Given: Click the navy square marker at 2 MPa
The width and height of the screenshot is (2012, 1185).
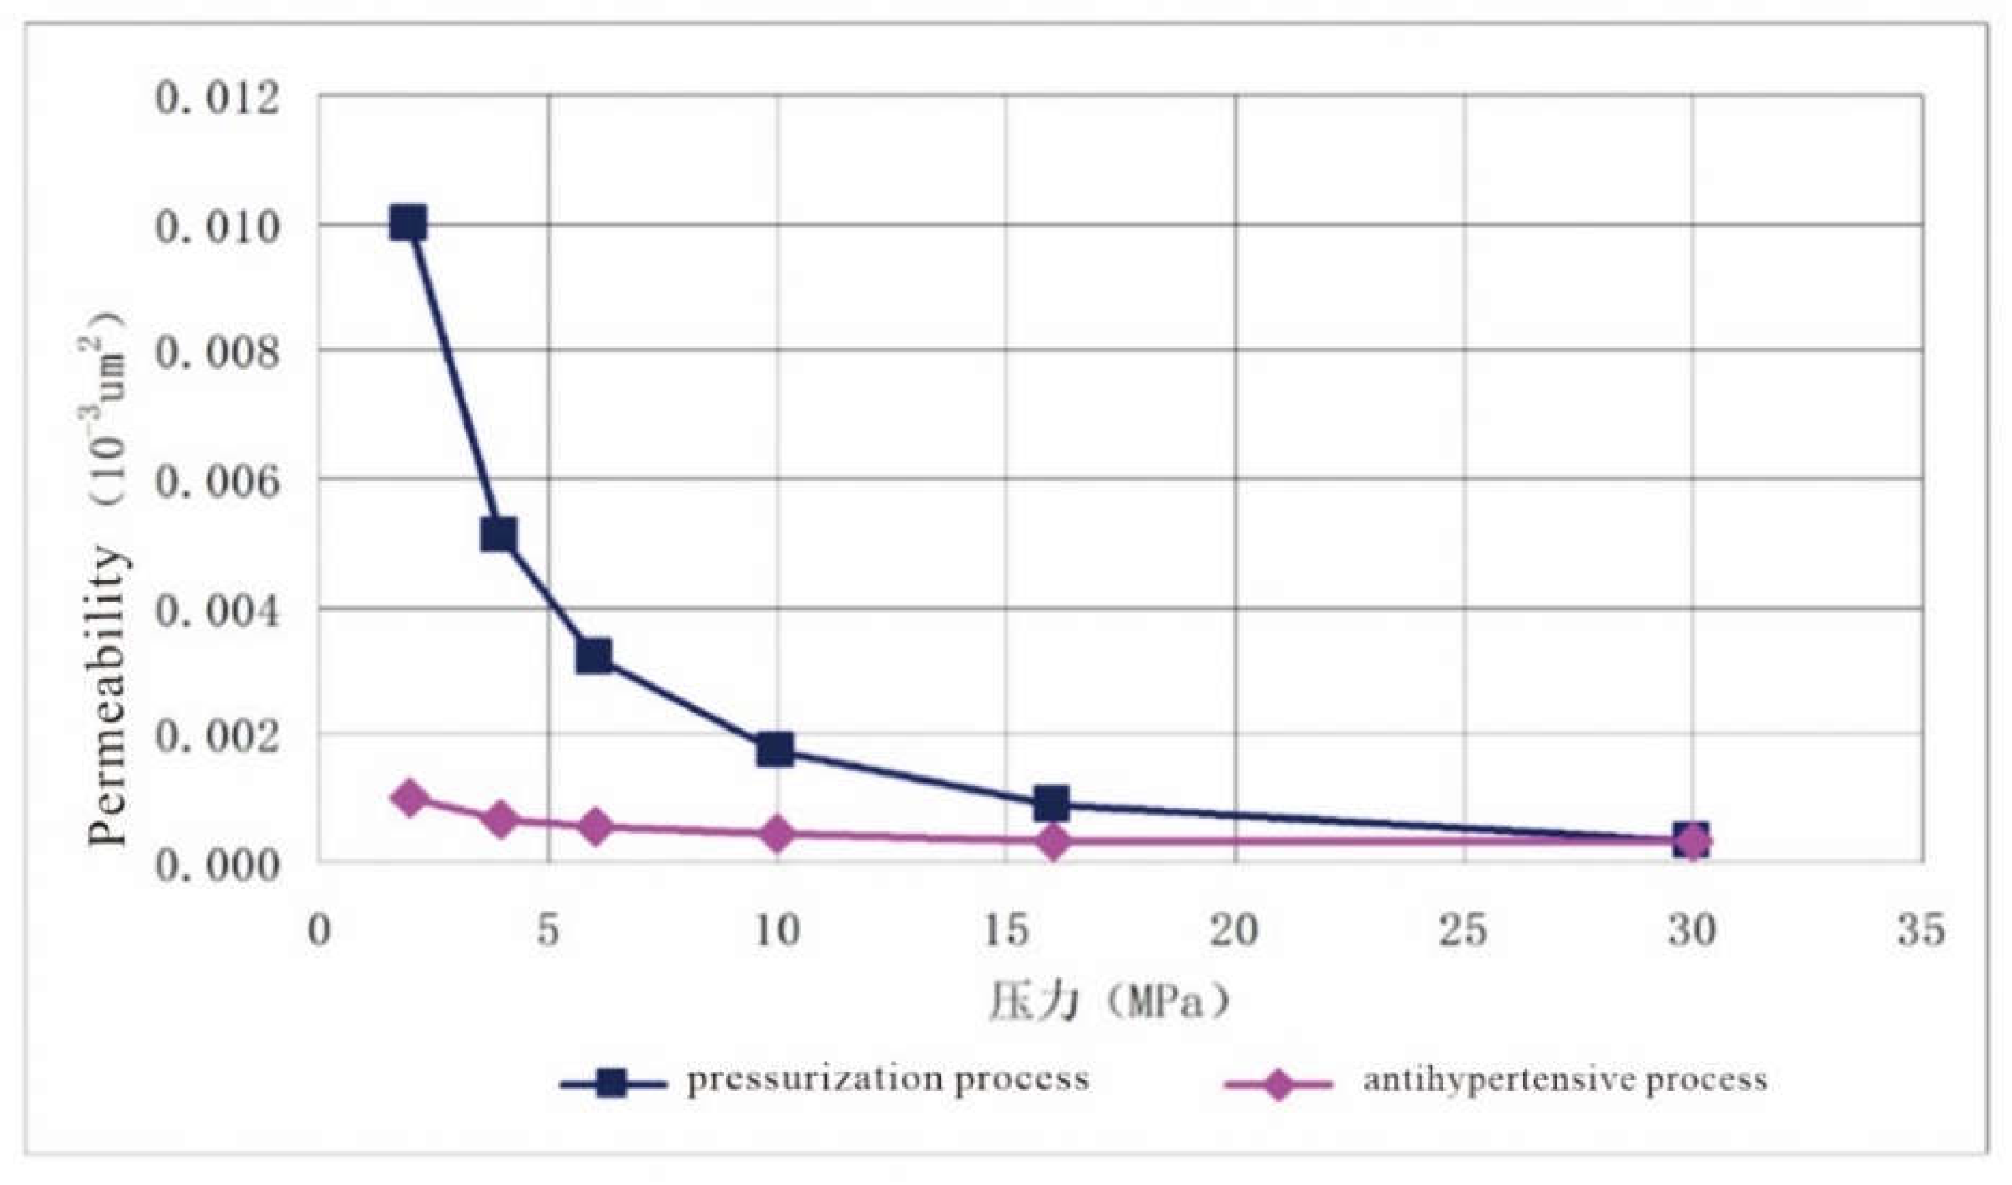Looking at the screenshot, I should click(408, 224).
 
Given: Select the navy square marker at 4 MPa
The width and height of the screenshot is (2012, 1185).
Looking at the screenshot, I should click(499, 534).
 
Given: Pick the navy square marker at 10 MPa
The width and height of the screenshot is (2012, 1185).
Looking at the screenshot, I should click(775, 750).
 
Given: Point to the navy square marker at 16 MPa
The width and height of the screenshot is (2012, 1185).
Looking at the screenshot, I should click(1051, 804).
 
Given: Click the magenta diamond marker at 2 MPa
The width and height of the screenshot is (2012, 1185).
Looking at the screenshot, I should click(410, 797).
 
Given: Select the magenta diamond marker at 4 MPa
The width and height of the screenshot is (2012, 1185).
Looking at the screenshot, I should click(501, 819).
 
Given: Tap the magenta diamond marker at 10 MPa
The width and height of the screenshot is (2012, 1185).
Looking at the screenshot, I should click(776, 834).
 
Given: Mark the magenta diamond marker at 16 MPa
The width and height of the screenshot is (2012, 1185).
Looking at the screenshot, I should click(1053, 841).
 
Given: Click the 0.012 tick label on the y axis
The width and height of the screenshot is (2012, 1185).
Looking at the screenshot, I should click(217, 100).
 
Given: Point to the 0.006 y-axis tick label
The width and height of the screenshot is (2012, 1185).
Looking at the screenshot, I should click(217, 481).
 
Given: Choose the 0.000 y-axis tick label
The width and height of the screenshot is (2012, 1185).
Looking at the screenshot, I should click(217, 865).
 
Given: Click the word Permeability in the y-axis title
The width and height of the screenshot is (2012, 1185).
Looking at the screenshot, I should click(109, 694).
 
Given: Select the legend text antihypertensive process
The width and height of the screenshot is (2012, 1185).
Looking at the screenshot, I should click(1564, 1080).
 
